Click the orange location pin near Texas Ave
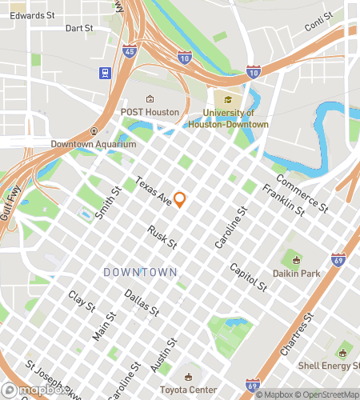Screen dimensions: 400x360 click(179, 199)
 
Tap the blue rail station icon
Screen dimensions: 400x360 click(104, 73)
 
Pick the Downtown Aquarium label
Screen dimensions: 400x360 click(93, 144)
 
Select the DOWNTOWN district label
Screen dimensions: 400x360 click(140, 273)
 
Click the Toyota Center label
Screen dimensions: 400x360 click(189, 390)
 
